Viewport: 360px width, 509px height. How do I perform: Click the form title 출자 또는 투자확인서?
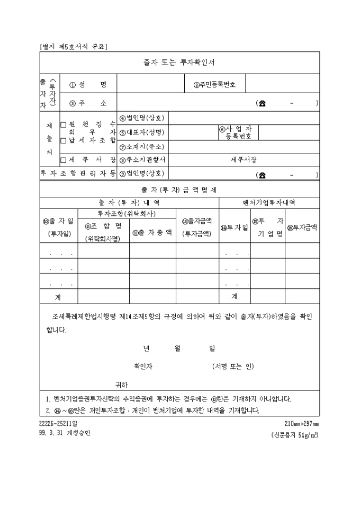coord(179,62)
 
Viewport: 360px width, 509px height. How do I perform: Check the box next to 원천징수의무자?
coord(64,125)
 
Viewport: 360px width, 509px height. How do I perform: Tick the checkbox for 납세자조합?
coord(64,140)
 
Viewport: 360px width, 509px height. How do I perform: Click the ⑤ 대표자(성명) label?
coord(142,132)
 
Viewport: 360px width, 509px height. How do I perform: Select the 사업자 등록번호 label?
coord(236,132)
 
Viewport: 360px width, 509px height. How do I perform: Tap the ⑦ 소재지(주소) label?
coord(142,147)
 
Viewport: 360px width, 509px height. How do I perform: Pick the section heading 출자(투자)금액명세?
coord(179,189)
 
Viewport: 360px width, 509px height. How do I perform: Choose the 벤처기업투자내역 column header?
coord(269,203)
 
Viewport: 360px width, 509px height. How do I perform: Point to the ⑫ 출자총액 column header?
coord(152,232)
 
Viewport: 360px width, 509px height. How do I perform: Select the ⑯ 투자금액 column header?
coord(302,227)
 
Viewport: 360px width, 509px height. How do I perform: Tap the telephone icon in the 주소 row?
coord(262,103)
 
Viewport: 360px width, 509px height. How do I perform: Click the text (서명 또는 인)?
coord(233,366)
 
